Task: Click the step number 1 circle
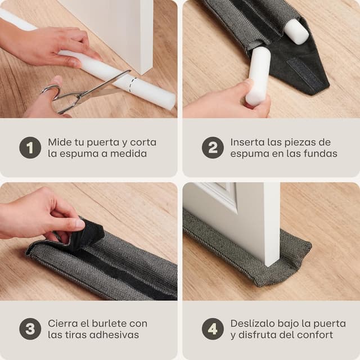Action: click(x=30, y=148)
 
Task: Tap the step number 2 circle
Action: click(x=213, y=148)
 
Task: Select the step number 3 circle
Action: click(x=30, y=329)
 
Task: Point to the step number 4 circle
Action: click(x=213, y=329)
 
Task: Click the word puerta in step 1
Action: click(x=106, y=142)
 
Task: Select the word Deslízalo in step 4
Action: click(x=254, y=323)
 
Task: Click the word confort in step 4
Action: click(x=313, y=335)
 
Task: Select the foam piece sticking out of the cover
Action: click(x=296, y=31)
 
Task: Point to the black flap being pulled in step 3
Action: click(x=84, y=232)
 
